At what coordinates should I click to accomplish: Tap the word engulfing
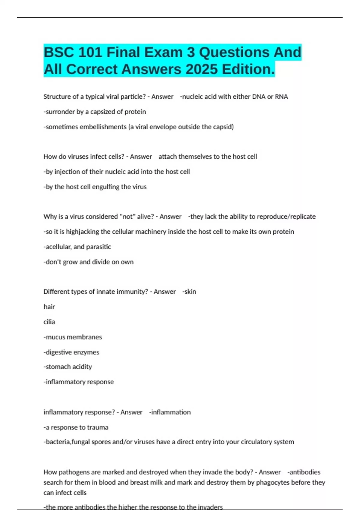105,187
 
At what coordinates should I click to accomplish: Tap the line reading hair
49,307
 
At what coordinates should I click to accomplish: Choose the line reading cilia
49,322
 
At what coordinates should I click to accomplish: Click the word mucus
55,337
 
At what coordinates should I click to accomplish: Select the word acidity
82,367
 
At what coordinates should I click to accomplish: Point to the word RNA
281,97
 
